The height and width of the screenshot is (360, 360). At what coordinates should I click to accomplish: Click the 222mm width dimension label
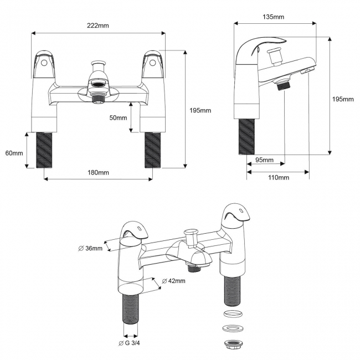(x=98, y=26)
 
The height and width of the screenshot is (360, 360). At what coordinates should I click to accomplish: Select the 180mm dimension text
(x=98, y=172)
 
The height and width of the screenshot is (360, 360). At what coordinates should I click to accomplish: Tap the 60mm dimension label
(x=14, y=153)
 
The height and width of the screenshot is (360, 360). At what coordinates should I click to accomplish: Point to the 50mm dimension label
(x=118, y=118)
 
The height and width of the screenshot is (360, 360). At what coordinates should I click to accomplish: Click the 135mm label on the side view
(x=274, y=17)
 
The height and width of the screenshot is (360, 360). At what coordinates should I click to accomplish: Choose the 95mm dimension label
(x=264, y=160)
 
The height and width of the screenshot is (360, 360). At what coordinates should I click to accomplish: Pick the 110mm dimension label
(x=279, y=177)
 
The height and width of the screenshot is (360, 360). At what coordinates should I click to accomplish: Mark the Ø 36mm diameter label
(x=90, y=248)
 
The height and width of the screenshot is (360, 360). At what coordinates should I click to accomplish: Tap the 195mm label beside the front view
(x=200, y=111)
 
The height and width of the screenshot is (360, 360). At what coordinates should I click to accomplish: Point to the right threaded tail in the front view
(x=152, y=149)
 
